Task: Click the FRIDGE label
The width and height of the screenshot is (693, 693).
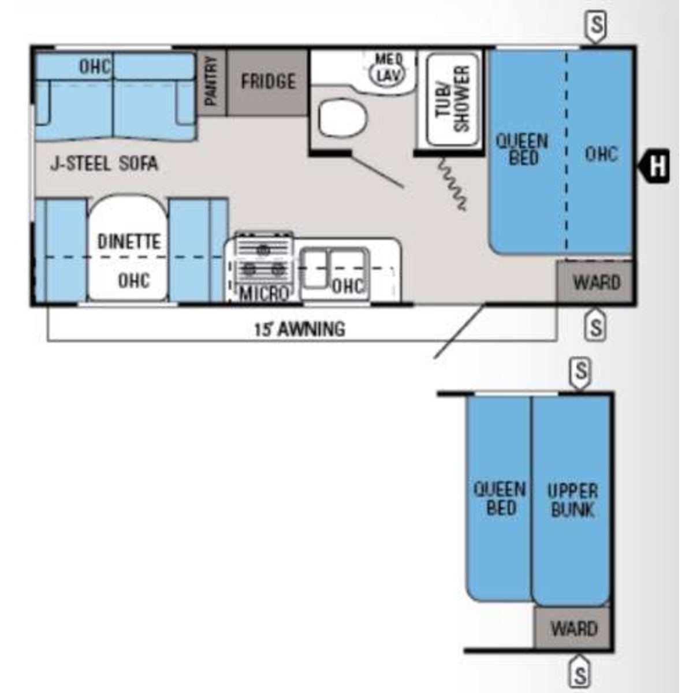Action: click(269, 81)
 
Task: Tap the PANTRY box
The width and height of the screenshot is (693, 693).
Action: click(212, 83)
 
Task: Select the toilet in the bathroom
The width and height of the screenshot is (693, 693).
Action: click(342, 119)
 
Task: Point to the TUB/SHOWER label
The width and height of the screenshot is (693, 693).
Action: click(453, 99)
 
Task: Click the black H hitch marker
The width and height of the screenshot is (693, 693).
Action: click(654, 166)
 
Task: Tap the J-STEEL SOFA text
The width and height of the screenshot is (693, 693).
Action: click(104, 163)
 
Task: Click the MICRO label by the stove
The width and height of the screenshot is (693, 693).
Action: click(264, 294)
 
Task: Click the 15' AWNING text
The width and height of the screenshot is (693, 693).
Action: click(300, 329)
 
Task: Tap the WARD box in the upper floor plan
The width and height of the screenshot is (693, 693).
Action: click(595, 282)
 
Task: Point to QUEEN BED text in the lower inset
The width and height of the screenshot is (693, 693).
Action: click(500, 498)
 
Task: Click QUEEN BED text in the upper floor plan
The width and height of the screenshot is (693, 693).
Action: click(522, 150)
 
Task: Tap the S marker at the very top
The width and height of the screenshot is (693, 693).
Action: click(596, 25)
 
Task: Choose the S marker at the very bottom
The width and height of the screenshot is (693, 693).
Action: click(580, 675)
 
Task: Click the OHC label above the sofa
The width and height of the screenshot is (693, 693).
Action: click(95, 66)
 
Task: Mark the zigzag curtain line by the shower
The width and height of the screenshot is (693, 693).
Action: click(452, 182)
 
